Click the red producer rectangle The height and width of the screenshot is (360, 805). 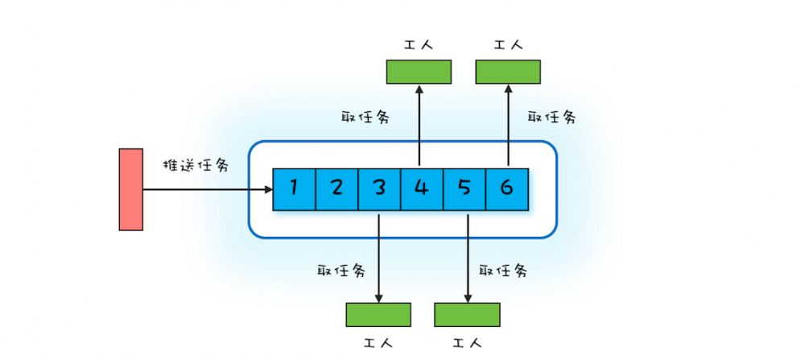[131, 189]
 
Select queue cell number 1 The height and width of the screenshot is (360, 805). [294, 189]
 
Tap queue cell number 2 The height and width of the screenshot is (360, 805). [336, 189]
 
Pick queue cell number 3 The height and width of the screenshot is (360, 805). [379, 189]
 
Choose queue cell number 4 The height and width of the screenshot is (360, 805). [422, 189]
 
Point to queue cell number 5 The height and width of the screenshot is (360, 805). [464, 189]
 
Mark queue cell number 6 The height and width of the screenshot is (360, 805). [507, 189]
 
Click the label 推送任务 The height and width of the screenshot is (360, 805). [196, 165]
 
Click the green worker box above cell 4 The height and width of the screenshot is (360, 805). [419, 72]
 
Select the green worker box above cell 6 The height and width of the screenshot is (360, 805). [508, 72]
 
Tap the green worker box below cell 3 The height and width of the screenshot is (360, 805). [378, 315]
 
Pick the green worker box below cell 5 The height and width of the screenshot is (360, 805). [467, 315]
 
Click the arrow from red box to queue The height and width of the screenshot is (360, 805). [208, 189]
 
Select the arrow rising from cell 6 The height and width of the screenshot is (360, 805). [508, 125]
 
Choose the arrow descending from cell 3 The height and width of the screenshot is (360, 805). [378, 259]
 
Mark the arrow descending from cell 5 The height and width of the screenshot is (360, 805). [468, 259]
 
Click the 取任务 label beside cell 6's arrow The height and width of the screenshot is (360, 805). [552, 117]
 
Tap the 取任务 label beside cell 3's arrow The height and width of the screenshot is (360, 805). [341, 270]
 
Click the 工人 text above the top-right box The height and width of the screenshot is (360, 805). [508, 45]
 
